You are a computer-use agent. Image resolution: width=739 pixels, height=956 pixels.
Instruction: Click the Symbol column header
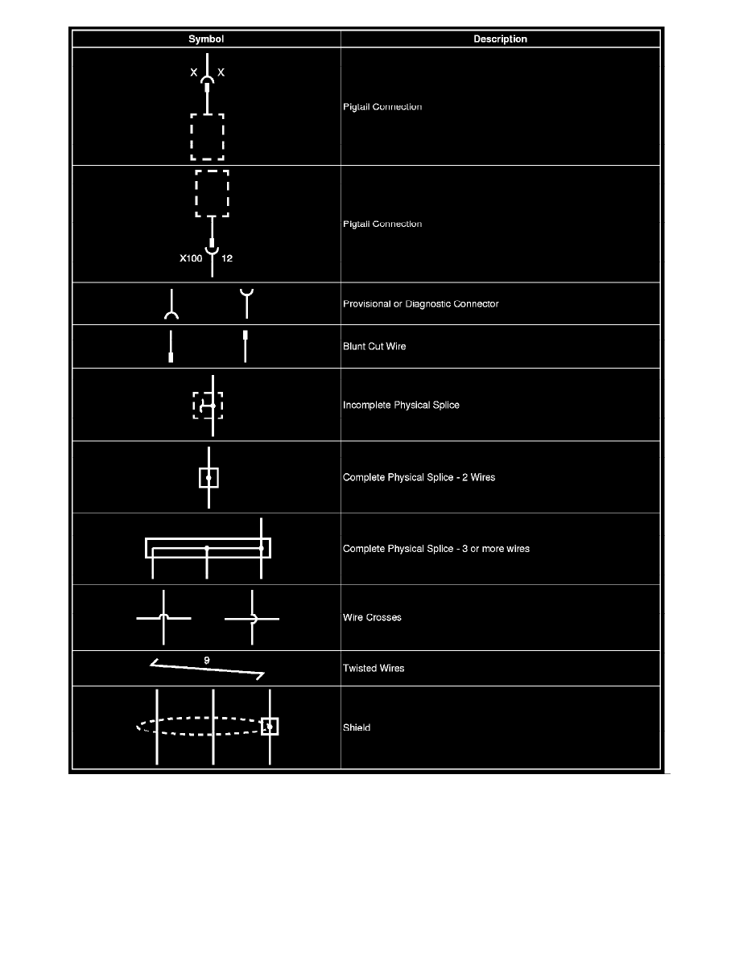point(206,39)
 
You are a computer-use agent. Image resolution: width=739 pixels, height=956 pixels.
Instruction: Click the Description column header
point(500,39)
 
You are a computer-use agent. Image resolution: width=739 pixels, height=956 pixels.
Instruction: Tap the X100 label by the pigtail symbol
point(191,259)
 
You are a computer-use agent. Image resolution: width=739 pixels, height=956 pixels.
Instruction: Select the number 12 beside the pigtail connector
point(227,259)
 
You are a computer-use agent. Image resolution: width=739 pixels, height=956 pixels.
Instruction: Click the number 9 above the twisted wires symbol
point(207,660)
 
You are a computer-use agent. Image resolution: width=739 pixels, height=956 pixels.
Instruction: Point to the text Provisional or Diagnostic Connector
point(421,304)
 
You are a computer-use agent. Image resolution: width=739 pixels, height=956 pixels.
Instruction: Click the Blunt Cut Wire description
point(374,347)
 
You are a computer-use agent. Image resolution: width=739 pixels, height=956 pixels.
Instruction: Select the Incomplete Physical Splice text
point(401,405)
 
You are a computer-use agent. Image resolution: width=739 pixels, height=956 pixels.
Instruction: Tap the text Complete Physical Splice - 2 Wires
point(419,477)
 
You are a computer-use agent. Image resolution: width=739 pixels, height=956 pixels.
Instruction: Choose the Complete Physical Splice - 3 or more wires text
point(436,549)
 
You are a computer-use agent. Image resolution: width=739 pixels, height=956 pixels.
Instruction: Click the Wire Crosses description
point(372,618)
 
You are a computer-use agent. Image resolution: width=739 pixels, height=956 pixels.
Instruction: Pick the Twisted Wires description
point(374,668)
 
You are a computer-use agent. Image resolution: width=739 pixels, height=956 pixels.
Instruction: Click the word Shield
point(357,728)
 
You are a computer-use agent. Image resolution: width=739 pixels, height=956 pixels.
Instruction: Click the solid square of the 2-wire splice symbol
point(208,477)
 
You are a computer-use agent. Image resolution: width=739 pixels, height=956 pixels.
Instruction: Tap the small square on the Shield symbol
point(270,727)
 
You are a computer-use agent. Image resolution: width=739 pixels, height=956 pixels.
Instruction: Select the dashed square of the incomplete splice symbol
point(208,406)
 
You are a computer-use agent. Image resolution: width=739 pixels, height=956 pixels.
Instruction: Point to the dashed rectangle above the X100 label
point(212,193)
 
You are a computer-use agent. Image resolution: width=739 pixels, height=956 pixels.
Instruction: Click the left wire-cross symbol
point(164,618)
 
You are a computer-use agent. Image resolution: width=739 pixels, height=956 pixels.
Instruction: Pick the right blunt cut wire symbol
point(246,347)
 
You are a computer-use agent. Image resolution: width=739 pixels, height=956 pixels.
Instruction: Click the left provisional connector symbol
point(171,305)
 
